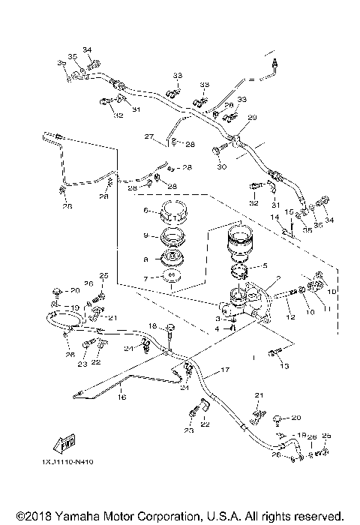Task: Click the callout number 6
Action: point(148,211)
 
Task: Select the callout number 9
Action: point(148,235)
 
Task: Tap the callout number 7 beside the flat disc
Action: point(148,279)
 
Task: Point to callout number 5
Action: point(264,265)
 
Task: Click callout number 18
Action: point(151,325)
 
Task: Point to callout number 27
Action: point(148,137)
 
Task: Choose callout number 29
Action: point(252,117)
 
